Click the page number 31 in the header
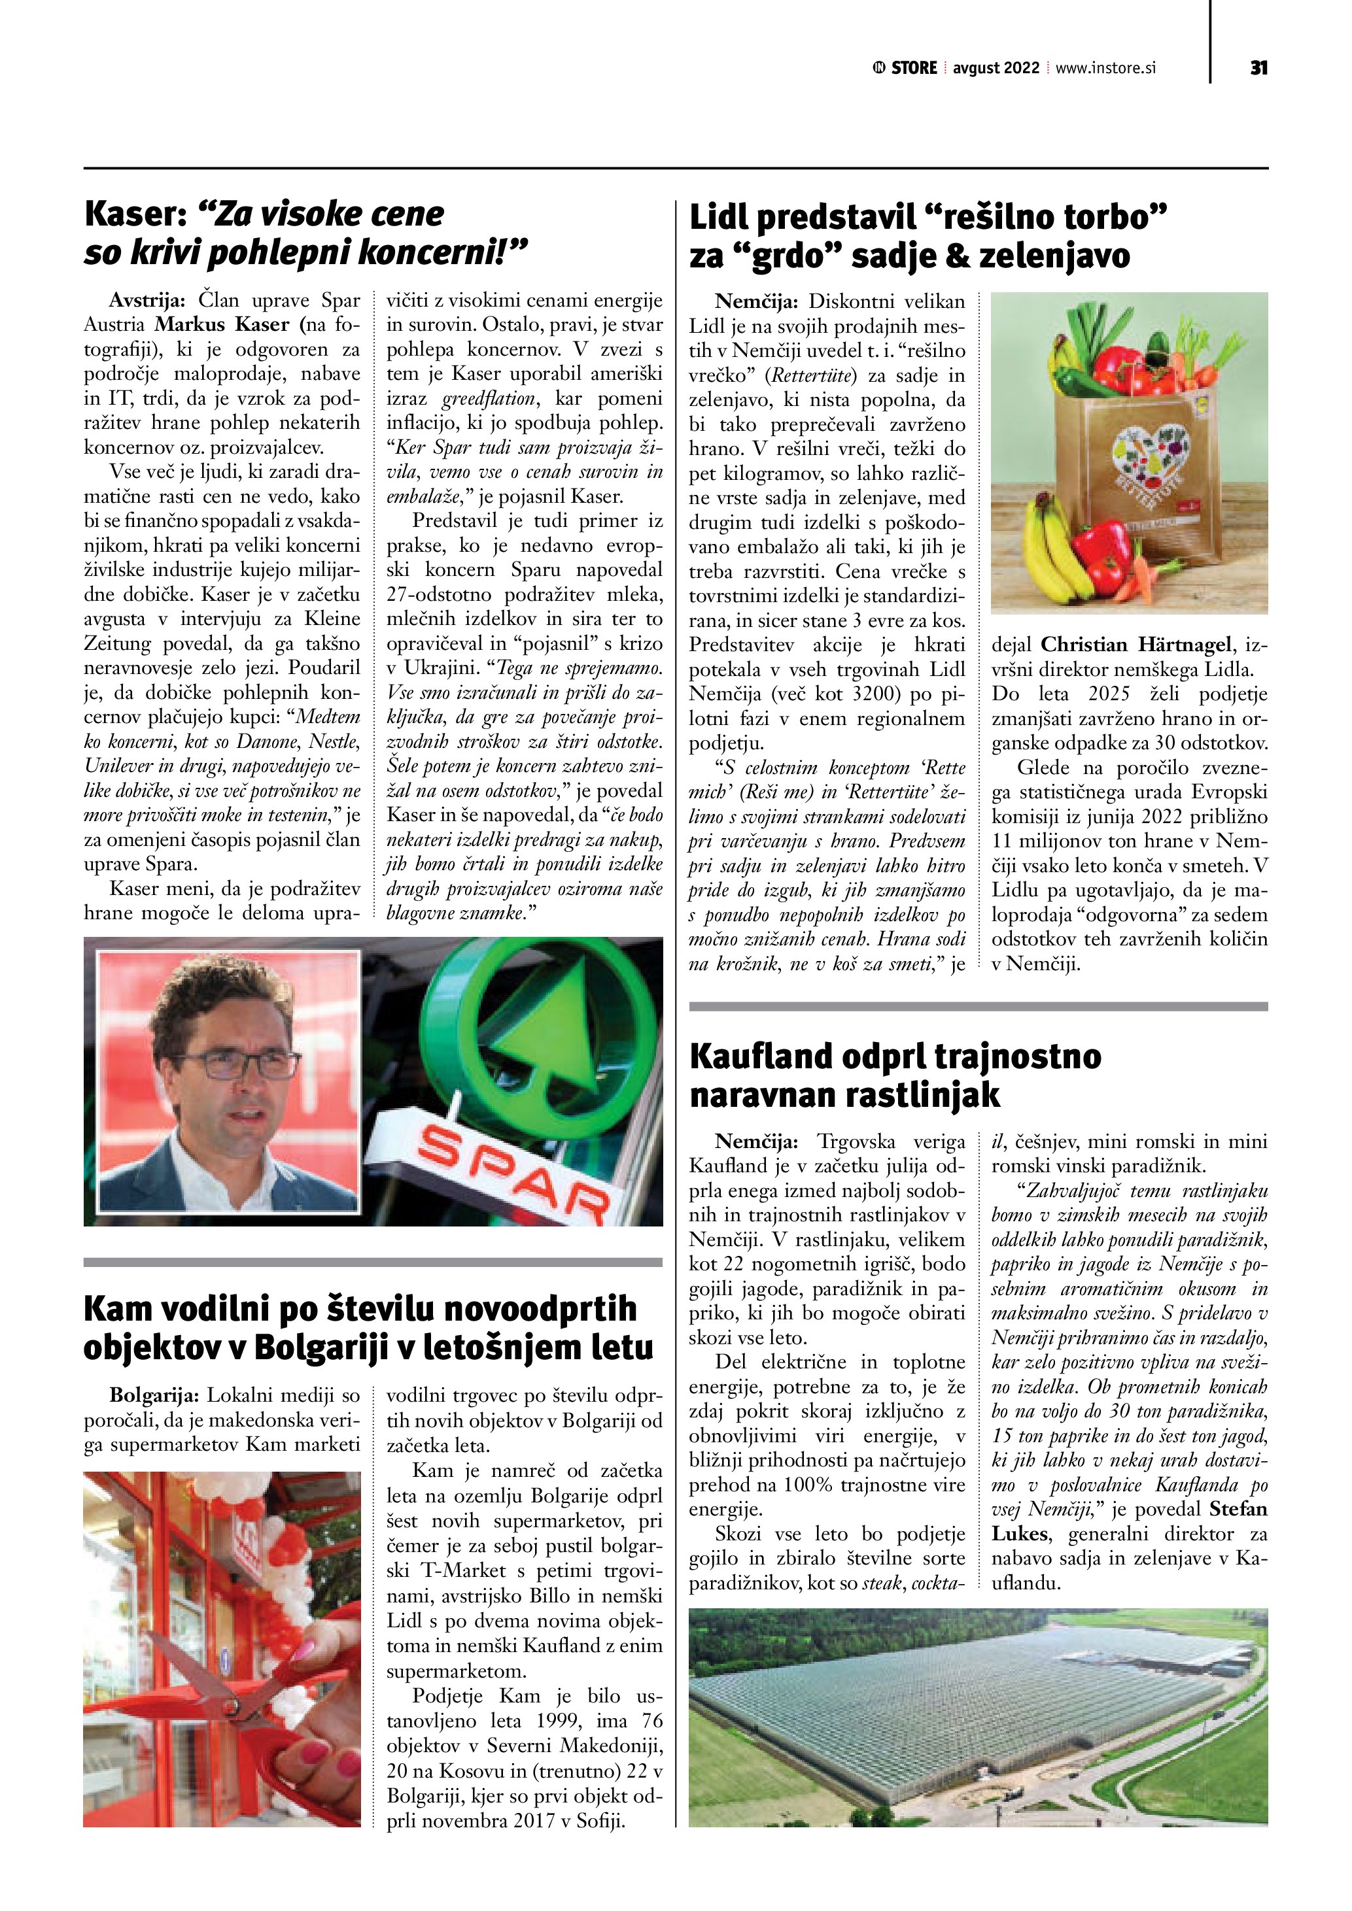click(x=1258, y=68)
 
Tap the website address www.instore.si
click(x=1105, y=68)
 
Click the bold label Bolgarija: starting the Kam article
click(x=155, y=1395)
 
